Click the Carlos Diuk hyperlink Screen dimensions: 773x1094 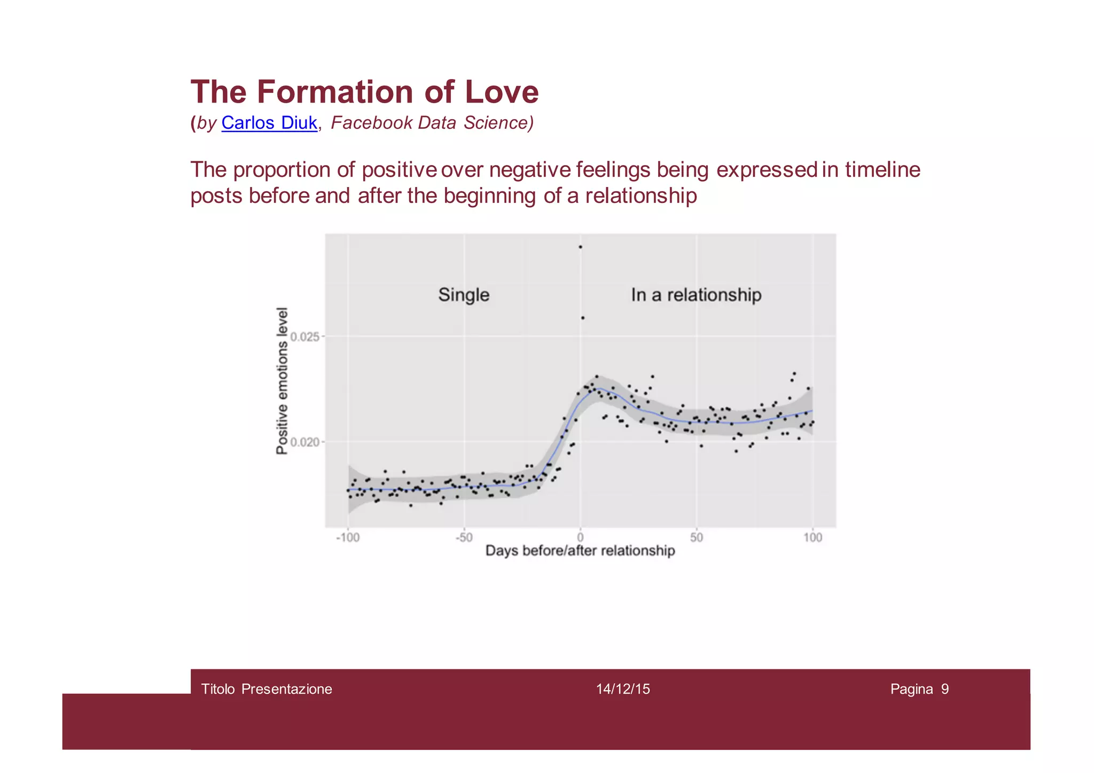point(269,123)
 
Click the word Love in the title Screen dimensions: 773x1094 point(501,92)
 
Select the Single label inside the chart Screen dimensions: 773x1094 point(464,295)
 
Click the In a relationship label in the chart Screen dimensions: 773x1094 point(696,295)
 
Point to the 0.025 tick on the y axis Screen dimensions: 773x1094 point(304,337)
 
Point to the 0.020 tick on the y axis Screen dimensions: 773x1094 point(304,442)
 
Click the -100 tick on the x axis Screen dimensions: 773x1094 point(347,537)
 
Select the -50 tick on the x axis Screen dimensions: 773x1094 point(464,537)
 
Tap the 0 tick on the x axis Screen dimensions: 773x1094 point(580,537)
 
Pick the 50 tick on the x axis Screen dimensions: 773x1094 point(696,537)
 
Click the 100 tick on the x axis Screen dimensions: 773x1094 point(812,537)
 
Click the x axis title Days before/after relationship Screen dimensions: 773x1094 point(580,551)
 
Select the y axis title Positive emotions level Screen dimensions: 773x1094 point(282,380)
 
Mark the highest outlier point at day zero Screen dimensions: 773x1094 point(581,247)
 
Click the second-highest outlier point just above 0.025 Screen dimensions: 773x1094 point(583,318)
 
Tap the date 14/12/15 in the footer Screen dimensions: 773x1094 point(623,689)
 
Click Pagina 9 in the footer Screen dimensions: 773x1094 point(919,689)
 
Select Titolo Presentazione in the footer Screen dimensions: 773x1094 point(267,689)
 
